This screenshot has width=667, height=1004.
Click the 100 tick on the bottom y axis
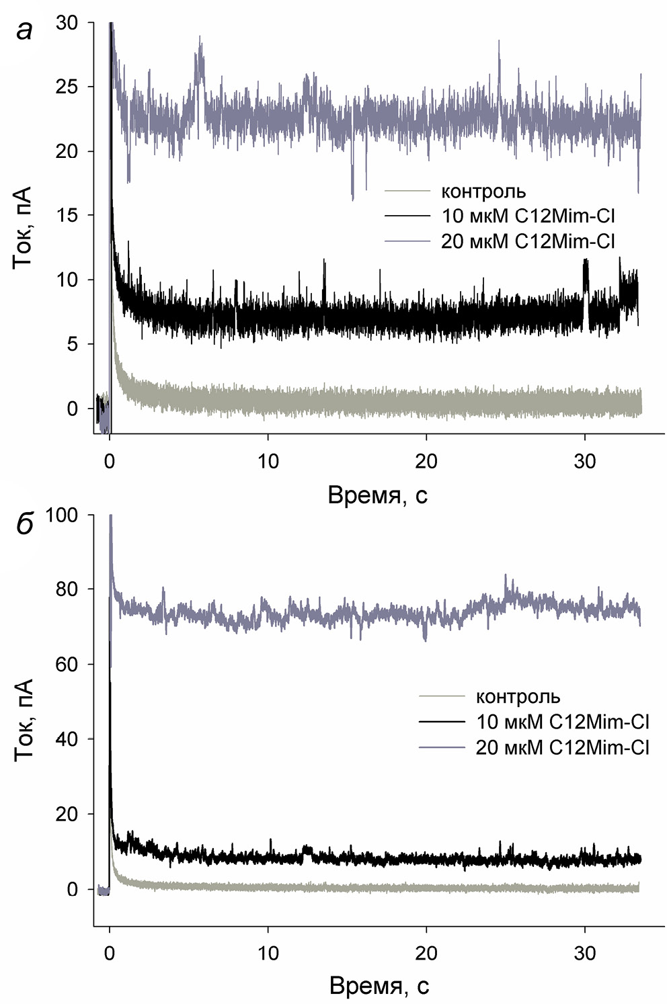click(62, 516)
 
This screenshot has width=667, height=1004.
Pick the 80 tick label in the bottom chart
click(68, 589)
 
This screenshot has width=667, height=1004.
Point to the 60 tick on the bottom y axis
click(68, 665)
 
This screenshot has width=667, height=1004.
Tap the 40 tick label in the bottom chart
click(68, 739)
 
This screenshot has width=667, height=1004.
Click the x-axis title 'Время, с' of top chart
click(377, 495)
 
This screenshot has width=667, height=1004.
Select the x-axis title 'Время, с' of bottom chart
click(379, 986)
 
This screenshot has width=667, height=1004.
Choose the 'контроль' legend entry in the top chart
click(483, 192)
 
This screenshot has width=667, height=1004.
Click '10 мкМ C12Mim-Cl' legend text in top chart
click(528, 216)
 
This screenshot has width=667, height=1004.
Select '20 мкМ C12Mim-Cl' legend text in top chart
click(528, 241)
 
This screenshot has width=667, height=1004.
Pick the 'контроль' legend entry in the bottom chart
click(518, 697)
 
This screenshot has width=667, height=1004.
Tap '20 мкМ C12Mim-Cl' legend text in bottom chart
click(562, 747)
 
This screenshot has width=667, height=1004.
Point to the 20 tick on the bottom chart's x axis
click(426, 953)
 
